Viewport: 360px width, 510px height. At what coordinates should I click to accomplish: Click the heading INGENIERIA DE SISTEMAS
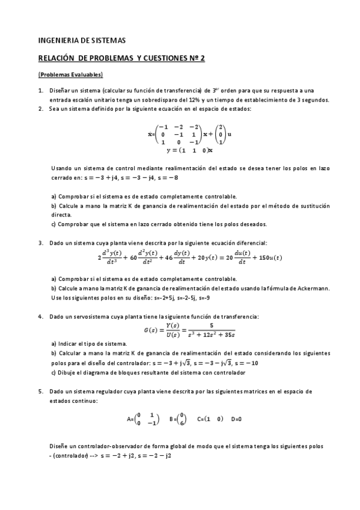[x=82, y=41]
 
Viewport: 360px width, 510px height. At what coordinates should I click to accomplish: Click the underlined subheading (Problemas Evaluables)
[x=70, y=75]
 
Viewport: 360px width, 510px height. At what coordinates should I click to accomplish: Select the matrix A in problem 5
[x=142, y=419]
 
